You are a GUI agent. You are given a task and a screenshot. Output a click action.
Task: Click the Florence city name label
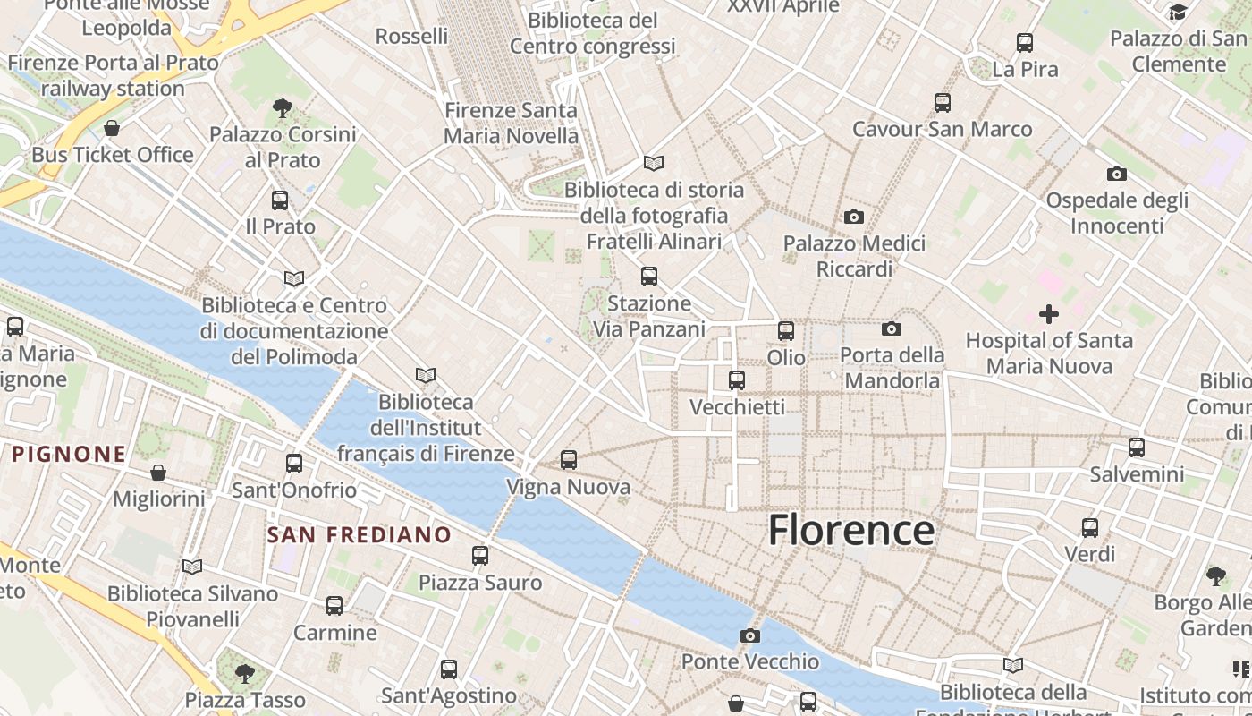pyautogui.click(x=851, y=530)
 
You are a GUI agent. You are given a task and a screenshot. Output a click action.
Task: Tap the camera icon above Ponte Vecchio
pyautogui.click(x=750, y=635)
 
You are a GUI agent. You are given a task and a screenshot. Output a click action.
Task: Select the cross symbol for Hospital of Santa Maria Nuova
pyautogui.click(x=1049, y=314)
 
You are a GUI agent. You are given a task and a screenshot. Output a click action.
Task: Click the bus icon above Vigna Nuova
pyautogui.click(x=569, y=460)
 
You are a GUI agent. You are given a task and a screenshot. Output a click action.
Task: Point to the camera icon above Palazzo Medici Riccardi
pyautogui.click(x=854, y=217)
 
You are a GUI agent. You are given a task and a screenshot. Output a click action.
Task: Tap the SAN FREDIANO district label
pyautogui.click(x=360, y=535)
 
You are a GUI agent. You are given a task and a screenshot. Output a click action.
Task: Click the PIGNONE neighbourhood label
pyautogui.click(x=69, y=454)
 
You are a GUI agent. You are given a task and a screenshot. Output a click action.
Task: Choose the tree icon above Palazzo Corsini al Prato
pyautogui.click(x=282, y=108)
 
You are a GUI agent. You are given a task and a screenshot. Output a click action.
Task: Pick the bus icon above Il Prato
pyautogui.click(x=280, y=200)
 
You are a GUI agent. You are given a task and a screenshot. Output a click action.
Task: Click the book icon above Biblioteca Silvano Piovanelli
pyautogui.click(x=192, y=567)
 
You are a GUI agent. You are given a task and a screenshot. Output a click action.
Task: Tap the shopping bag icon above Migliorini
pyautogui.click(x=158, y=472)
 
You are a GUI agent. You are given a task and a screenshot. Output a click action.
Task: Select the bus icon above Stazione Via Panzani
pyautogui.click(x=649, y=277)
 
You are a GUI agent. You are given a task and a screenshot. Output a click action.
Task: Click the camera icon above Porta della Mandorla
pyautogui.click(x=892, y=328)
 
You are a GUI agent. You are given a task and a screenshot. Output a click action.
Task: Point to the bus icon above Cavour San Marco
pyautogui.click(x=943, y=102)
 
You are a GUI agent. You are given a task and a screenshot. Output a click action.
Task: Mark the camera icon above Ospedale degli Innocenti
pyautogui.click(x=1117, y=174)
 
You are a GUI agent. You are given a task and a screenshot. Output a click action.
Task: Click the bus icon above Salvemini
pyautogui.click(x=1137, y=447)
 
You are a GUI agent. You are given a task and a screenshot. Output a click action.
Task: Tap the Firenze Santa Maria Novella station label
pyautogui.click(x=511, y=124)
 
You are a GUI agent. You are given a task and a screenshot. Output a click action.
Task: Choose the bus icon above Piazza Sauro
pyautogui.click(x=480, y=556)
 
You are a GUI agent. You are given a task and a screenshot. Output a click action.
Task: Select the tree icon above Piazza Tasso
pyautogui.click(x=244, y=672)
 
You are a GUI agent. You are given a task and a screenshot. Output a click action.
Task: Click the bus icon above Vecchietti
pyautogui.click(x=737, y=380)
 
